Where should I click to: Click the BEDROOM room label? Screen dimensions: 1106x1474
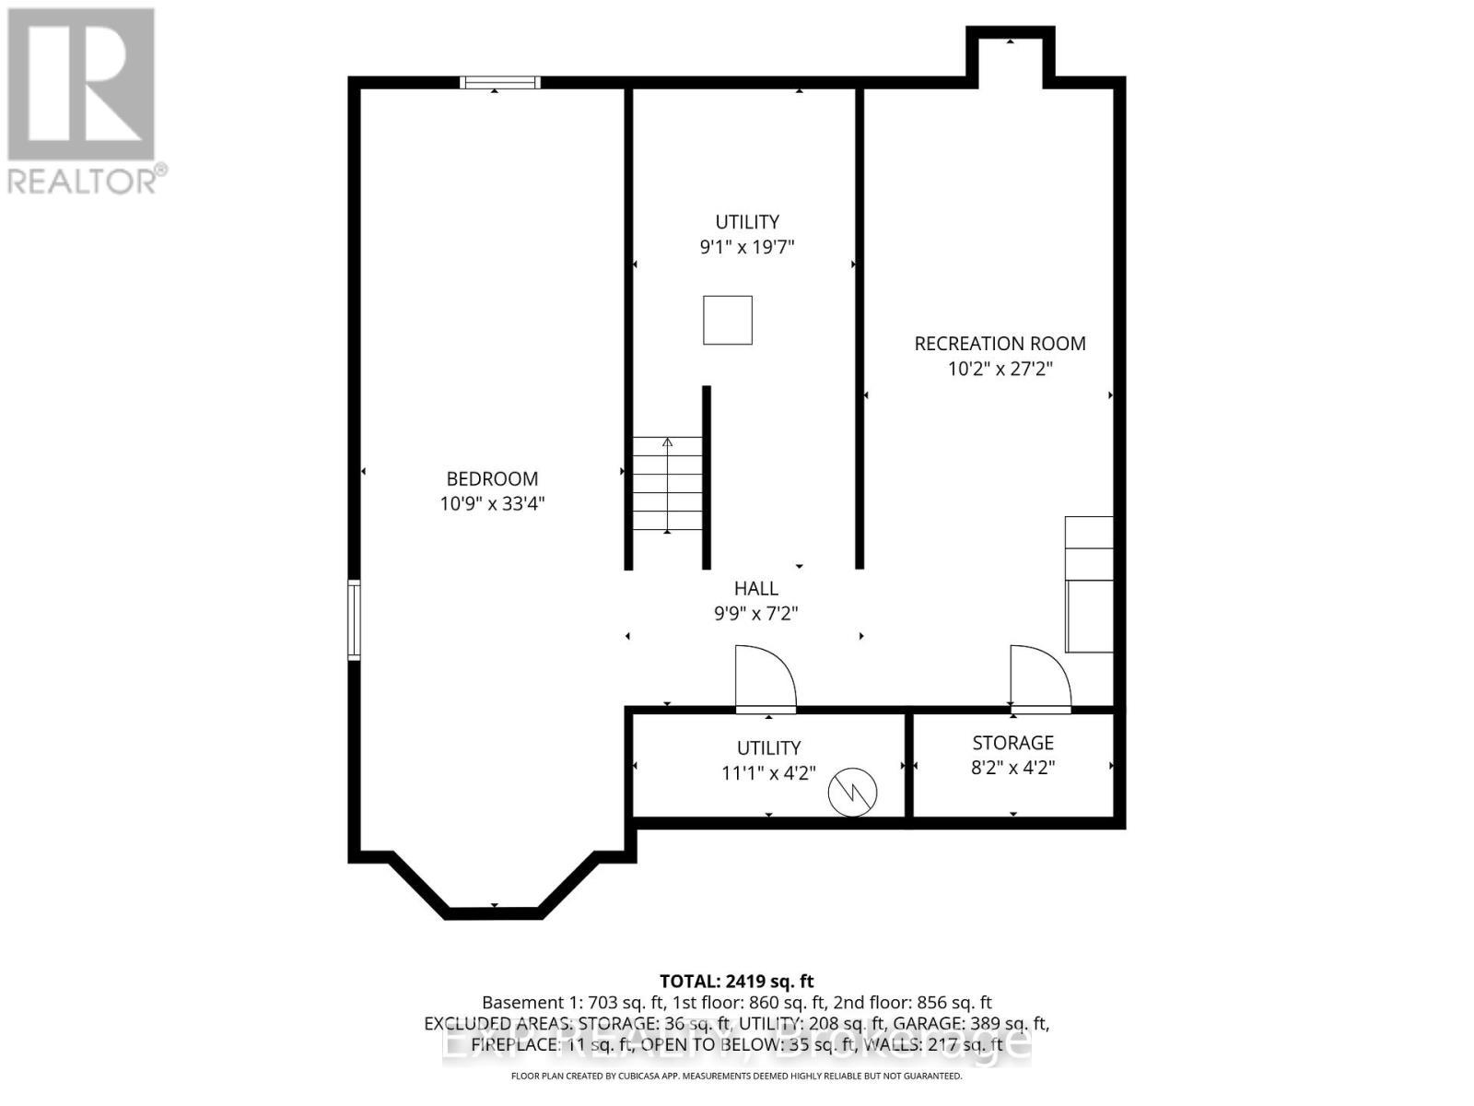coord(492,478)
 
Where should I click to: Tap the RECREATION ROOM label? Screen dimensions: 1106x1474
coord(1000,343)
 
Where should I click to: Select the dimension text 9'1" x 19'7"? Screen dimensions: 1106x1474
coord(747,247)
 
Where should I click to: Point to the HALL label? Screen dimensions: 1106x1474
coord(756,588)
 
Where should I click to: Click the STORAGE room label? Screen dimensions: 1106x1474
coord(1012,742)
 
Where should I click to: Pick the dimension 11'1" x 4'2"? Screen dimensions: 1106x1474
coord(768,772)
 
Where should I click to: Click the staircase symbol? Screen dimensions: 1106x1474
coord(667,485)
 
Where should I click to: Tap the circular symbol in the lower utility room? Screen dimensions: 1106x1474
coord(852,791)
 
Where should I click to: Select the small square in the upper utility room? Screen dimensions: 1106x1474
coord(728,320)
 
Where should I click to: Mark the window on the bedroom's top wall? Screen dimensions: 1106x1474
coord(500,83)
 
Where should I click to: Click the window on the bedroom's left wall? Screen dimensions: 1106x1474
coord(354,619)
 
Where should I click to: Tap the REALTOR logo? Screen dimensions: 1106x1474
coord(83,101)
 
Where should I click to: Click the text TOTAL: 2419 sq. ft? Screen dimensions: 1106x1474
coord(737,982)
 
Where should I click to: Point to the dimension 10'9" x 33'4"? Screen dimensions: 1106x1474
coord(492,504)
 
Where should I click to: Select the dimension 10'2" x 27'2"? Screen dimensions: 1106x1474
coord(1000,369)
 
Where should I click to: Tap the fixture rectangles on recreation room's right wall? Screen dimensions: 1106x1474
coord(1089,584)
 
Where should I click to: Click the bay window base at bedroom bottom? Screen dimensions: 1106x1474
coord(493,912)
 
